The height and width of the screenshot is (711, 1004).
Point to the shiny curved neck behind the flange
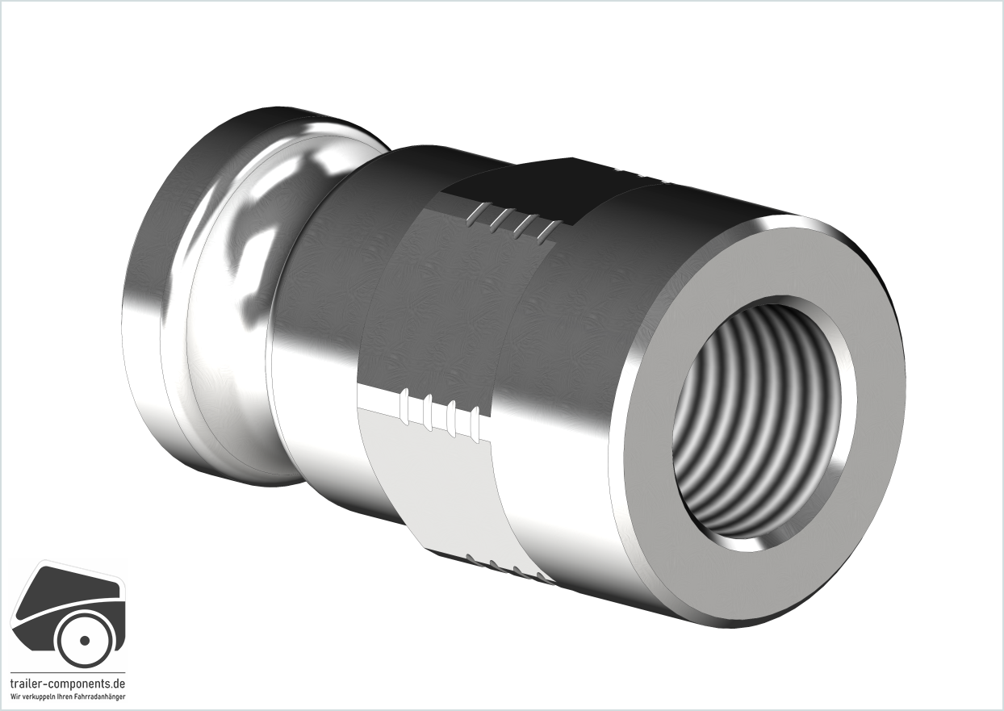pos(251,278)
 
